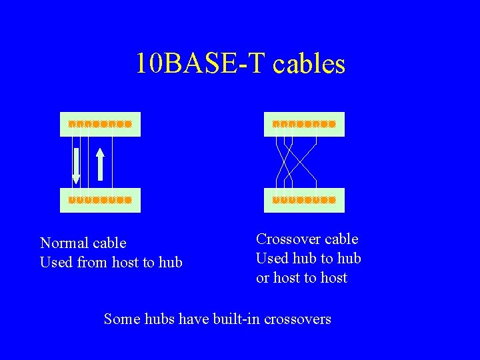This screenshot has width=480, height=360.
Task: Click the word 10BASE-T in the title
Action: click(201, 63)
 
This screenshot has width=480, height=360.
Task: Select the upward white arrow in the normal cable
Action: click(100, 164)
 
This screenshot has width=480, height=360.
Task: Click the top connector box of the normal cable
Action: click(100, 124)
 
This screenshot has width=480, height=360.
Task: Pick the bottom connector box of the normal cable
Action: click(100, 199)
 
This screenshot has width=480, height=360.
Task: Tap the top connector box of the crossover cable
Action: click(304, 124)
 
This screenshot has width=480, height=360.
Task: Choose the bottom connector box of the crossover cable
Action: click(304, 199)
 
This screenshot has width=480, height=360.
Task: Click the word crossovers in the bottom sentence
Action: click(297, 319)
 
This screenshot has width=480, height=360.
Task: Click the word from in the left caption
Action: click(92, 263)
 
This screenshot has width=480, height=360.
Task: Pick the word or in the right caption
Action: click(263, 278)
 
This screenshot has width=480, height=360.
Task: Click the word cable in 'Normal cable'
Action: click(109, 243)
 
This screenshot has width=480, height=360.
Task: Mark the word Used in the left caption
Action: click(56, 263)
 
